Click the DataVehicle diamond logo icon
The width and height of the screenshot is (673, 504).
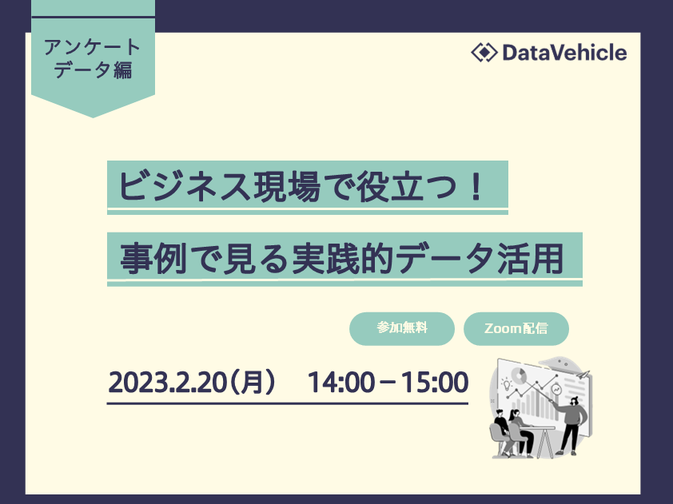tap(484, 53)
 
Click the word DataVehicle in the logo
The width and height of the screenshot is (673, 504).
tap(564, 53)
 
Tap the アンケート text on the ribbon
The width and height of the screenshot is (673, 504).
tap(92, 47)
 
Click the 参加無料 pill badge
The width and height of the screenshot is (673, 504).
tap(402, 328)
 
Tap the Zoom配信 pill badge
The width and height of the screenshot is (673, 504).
tap(516, 328)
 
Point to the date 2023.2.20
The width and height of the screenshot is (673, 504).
tap(167, 382)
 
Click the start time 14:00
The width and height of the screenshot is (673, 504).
tap(340, 382)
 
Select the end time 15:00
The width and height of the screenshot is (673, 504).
tap(434, 382)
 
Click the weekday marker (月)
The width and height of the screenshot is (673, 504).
tap(252, 382)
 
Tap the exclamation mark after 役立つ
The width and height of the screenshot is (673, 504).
tap(475, 187)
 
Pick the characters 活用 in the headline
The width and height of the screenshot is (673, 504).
tap(530, 259)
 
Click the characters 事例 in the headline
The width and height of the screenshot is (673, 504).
tap(153, 259)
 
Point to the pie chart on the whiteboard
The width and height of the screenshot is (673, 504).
tap(520, 375)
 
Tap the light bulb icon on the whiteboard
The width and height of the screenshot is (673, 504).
tap(507, 384)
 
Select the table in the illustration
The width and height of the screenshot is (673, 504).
tap(541, 437)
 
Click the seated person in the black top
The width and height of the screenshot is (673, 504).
tap(500, 431)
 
